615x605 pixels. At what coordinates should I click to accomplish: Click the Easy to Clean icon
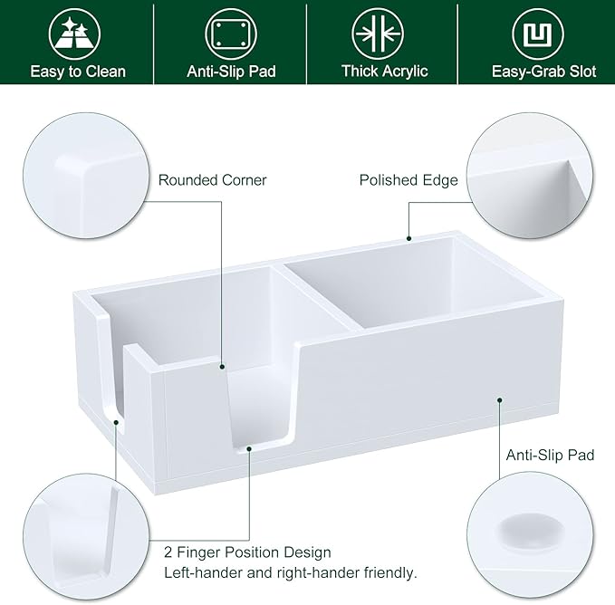point(78,34)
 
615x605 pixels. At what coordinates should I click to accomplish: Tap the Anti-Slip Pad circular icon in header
point(230,34)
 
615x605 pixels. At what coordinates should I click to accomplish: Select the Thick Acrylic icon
point(384,34)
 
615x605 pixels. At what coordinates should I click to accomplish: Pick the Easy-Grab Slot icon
point(537,34)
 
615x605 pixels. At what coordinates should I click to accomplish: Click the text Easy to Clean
point(78,72)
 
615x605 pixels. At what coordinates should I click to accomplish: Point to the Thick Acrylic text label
point(384,72)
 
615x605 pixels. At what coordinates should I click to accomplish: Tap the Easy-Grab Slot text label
point(543,72)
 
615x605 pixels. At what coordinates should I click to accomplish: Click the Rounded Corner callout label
point(212,180)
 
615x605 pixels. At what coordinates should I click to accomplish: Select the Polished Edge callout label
point(408,180)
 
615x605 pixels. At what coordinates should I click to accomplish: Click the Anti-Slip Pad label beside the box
point(550,455)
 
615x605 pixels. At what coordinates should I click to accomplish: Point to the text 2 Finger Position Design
point(247,552)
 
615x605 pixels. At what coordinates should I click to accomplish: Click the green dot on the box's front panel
point(499,398)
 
